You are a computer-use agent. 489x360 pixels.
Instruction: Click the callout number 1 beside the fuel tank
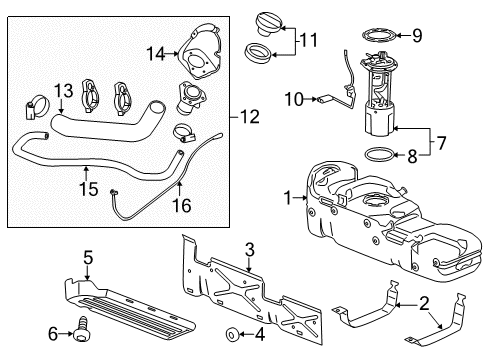pyautogui.click(x=289, y=199)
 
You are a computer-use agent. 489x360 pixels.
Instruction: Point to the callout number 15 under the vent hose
pyautogui.click(x=88, y=186)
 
